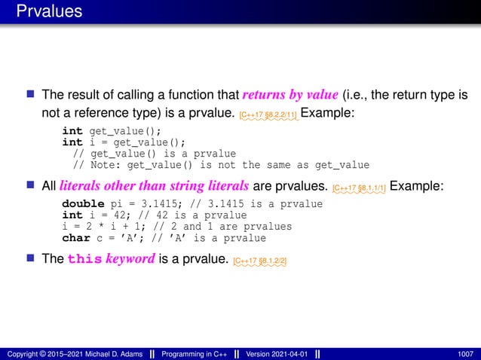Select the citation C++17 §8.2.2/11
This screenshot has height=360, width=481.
click(x=268, y=114)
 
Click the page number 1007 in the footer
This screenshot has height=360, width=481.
click(x=465, y=353)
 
